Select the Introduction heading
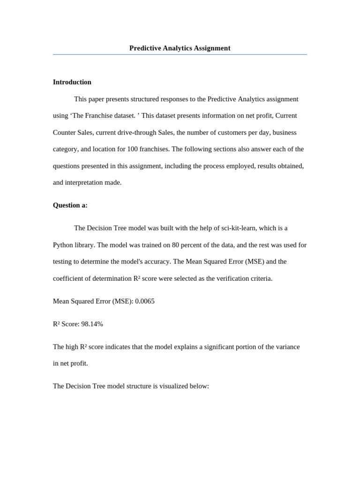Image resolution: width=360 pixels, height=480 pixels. pos(72,82)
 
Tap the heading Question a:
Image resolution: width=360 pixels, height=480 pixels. pos(70,205)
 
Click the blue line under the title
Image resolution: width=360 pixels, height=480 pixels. pos(180,55)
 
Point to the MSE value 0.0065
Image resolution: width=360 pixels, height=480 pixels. pos(145,301)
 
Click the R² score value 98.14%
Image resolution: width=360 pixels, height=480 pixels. pos(92,324)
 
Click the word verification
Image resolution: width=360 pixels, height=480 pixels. pos(223,278)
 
